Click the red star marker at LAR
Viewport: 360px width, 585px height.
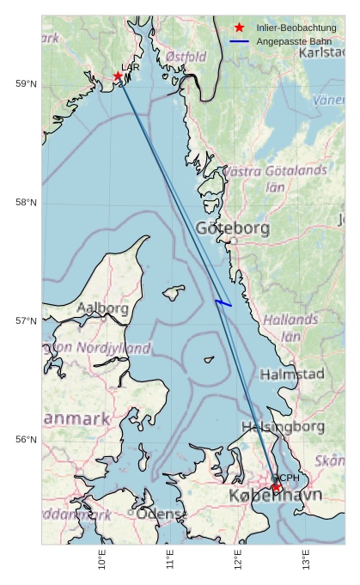coord(118,76)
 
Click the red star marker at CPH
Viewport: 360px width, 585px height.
coord(277,488)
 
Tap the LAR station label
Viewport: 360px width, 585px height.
coord(131,67)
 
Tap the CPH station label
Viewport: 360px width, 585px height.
coord(287,478)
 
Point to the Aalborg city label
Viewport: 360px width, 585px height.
coord(102,308)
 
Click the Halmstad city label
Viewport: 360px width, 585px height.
coord(291,375)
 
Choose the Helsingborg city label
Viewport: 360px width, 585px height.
coord(283,426)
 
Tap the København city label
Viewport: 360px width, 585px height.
coord(275,497)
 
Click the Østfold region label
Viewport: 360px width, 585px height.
coord(186,57)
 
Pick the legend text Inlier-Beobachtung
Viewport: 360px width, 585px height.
coord(296,28)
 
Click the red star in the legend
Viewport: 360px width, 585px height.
coord(239,28)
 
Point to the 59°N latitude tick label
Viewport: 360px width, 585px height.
coord(27,83)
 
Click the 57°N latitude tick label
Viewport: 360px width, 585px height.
coord(27,321)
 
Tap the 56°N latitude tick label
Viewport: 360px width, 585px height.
coord(27,440)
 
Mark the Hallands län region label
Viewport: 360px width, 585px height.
coord(290,327)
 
